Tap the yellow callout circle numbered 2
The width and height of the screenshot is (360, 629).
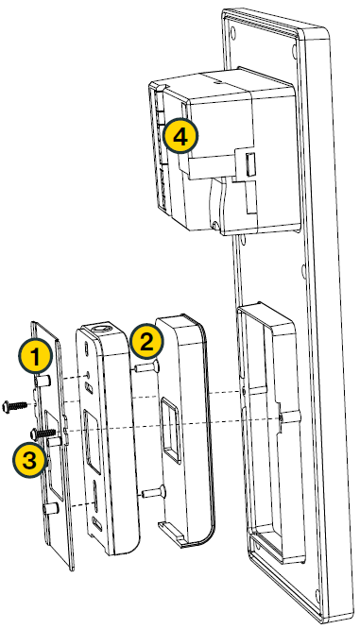(x=146, y=341)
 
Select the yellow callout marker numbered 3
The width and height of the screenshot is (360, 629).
(x=29, y=460)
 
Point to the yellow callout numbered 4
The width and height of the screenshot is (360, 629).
(x=180, y=137)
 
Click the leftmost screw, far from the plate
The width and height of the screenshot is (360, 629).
(x=15, y=405)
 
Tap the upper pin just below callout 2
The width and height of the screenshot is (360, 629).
(x=146, y=366)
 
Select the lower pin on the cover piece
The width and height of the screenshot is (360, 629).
(x=152, y=491)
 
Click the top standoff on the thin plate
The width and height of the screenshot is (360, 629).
(x=43, y=381)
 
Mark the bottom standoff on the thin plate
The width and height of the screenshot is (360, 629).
(x=50, y=509)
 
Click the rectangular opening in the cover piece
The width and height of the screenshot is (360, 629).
(x=170, y=430)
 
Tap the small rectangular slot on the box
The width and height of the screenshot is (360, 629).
(x=250, y=163)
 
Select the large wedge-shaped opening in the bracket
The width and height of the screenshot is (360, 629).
(x=92, y=440)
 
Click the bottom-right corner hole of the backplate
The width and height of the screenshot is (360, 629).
(x=317, y=593)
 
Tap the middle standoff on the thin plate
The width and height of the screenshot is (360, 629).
(x=54, y=442)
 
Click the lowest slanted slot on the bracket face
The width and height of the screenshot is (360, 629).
(x=97, y=522)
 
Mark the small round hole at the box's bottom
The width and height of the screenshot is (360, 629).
(x=215, y=226)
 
